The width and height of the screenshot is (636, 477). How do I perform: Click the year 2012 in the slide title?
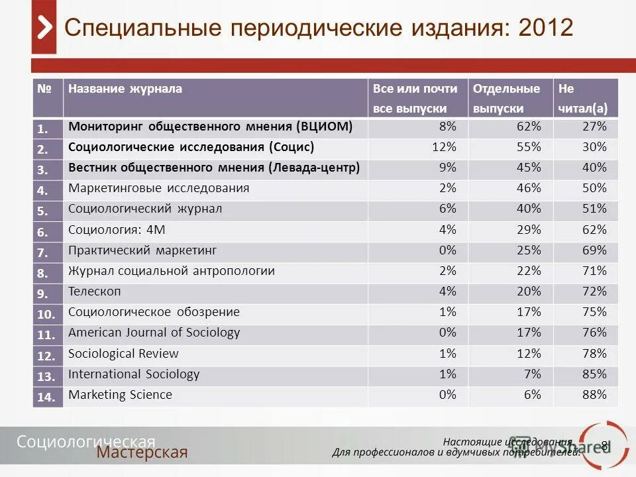547,28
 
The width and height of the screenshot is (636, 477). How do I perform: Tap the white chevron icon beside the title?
44,28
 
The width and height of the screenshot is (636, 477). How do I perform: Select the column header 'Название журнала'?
125,89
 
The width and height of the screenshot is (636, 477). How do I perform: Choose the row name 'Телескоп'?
95,291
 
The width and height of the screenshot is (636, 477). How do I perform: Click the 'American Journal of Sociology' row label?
154,332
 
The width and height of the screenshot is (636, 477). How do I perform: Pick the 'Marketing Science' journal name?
120,394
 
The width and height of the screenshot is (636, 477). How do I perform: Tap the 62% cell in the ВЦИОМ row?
529,126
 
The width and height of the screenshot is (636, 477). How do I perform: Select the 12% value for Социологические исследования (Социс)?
444,146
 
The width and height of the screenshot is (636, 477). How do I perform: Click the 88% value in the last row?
594,394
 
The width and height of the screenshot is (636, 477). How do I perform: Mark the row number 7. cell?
44,252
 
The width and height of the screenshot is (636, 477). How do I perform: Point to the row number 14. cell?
46,397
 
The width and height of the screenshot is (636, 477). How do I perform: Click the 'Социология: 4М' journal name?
117,229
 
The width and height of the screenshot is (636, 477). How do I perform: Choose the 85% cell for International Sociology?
594,374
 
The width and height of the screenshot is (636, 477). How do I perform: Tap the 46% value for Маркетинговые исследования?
529,187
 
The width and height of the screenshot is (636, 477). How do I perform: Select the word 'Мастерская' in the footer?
142,452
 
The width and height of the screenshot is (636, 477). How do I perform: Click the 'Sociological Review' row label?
123,353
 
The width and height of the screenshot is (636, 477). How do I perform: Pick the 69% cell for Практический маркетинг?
594,250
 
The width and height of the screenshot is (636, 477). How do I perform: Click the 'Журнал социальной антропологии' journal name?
171,270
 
